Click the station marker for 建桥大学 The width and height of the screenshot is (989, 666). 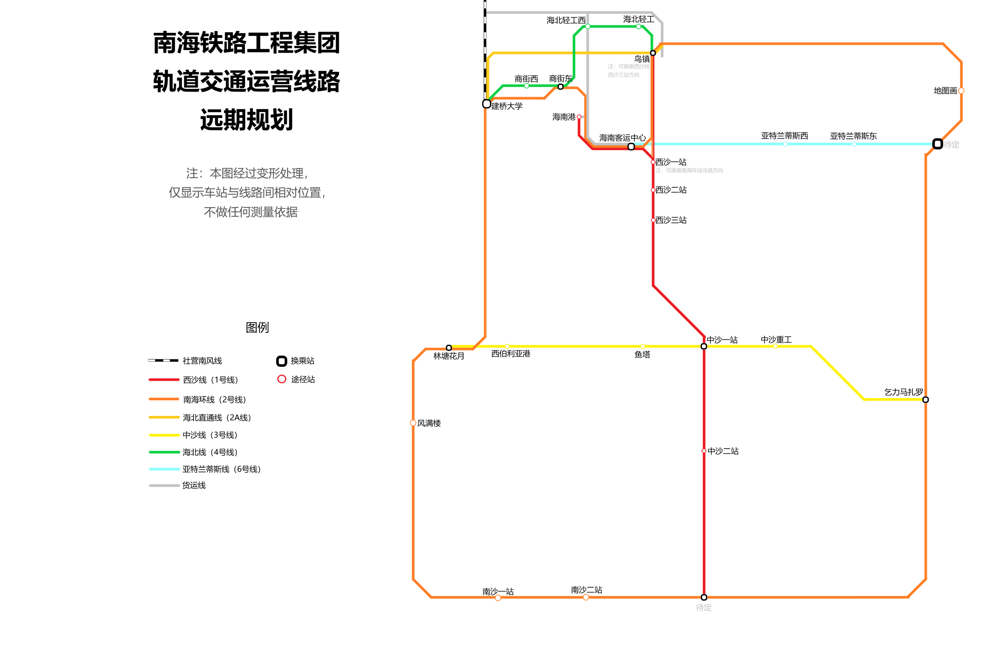tap(486, 104)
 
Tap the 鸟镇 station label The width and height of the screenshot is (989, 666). tap(642, 59)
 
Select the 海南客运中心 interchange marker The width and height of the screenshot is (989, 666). tap(631, 146)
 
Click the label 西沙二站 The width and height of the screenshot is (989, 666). tap(671, 190)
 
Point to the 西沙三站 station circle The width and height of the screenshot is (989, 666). tap(653, 220)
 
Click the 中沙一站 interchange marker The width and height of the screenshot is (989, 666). tap(704, 347)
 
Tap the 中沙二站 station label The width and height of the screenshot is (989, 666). tap(723, 451)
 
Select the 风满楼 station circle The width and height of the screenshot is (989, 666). tap(413, 423)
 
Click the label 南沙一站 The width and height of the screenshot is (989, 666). tap(498, 591)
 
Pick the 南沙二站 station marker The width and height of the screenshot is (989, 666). tap(586, 597)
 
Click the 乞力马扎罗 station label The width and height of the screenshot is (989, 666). tap(904, 392)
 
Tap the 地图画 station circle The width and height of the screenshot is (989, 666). tap(962, 91)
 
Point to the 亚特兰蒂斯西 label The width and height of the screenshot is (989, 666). tap(784, 136)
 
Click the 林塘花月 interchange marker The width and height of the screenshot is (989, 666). tap(449, 348)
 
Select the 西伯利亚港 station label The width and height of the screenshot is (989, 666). tap(511, 354)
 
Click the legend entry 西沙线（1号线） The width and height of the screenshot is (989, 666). tap(210, 380)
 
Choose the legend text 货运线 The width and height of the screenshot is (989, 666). tap(194, 485)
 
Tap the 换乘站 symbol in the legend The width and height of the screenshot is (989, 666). tap(281, 361)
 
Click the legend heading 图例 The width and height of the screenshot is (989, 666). tap(257, 327)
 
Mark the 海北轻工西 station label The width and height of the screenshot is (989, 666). tap(566, 20)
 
